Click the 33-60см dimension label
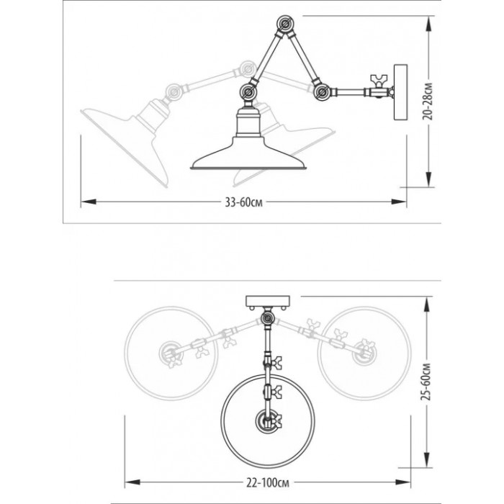pyautogui.click(x=243, y=202)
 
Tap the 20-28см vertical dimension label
pyautogui.click(x=428, y=102)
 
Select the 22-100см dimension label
pyautogui.click(x=267, y=482)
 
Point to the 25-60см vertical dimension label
pyautogui.click(x=426, y=382)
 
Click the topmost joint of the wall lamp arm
pyautogui.click(x=285, y=24)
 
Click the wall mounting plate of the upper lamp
pyautogui.click(x=401, y=92)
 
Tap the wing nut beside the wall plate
pyautogui.click(x=379, y=82)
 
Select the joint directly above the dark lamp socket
pyautogui.click(x=248, y=93)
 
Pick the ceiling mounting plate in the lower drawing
pyautogui.click(x=268, y=301)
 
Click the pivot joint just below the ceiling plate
pyautogui.click(x=267, y=318)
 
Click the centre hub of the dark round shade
pyautogui.click(x=267, y=420)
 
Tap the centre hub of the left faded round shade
pyautogui.click(x=171, y=354)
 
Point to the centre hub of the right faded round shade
pyautogui.click(x=364, y=354)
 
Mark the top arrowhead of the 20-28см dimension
pyautogui.click(x=428, y=24)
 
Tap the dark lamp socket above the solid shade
pyautogui.click(x=248, y=122)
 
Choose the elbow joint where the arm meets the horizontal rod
pyautogui.click(x=321, y=93)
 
